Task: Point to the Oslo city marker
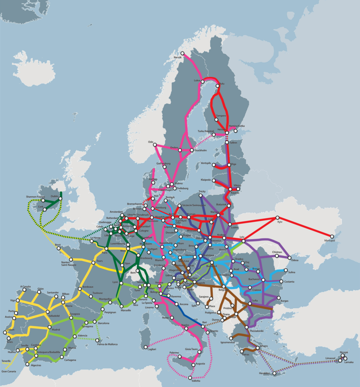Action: (x=155, y=145)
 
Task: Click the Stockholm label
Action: (x=200, y=150)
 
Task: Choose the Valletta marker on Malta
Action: (x=191, y=378)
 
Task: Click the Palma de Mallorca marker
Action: (x=99, y=340)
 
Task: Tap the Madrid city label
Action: (x=56, y=329)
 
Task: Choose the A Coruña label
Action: (x=26, y=286)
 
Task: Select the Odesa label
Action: (x=295, y=260)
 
